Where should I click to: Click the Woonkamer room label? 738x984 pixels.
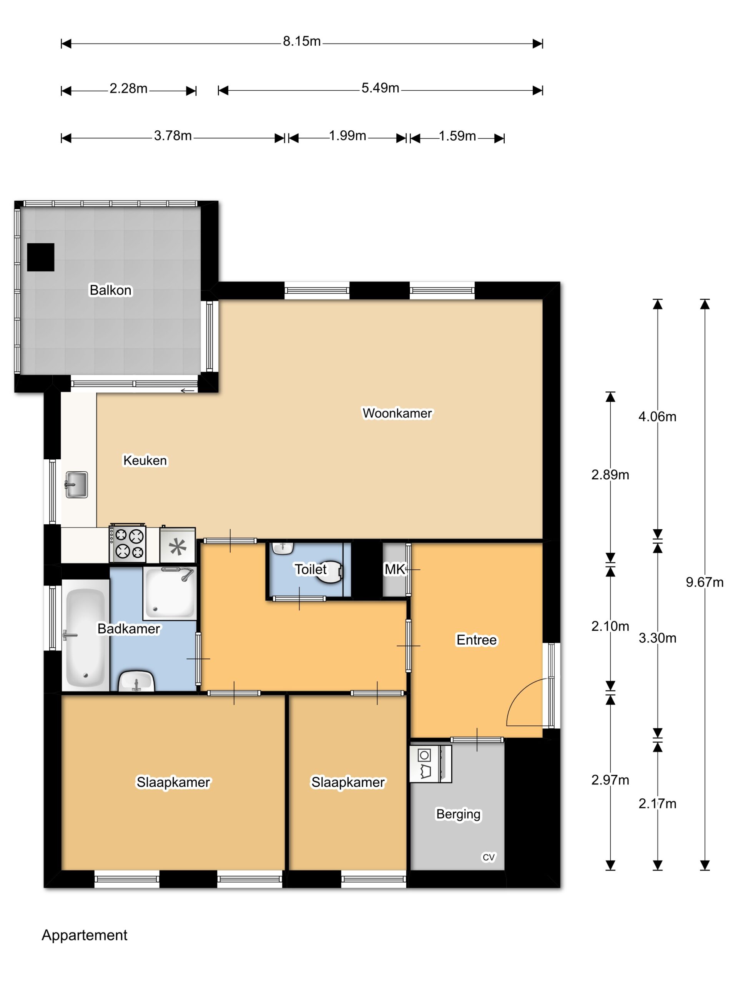397,413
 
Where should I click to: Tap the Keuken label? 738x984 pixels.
145,460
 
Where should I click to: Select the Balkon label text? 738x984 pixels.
111,290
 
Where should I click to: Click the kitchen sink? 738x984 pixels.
76,484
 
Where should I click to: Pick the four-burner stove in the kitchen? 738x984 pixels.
128,543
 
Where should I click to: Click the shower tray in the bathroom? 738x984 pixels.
170,593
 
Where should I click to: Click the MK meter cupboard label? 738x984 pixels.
395,569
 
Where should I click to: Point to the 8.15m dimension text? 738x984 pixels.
302,42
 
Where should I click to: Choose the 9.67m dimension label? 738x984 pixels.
705,582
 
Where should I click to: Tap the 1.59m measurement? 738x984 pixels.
457,136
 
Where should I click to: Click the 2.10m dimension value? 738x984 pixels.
610,627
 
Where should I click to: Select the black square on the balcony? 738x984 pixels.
40,257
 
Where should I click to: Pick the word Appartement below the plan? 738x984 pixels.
85,935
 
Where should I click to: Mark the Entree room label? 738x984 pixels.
476,640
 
